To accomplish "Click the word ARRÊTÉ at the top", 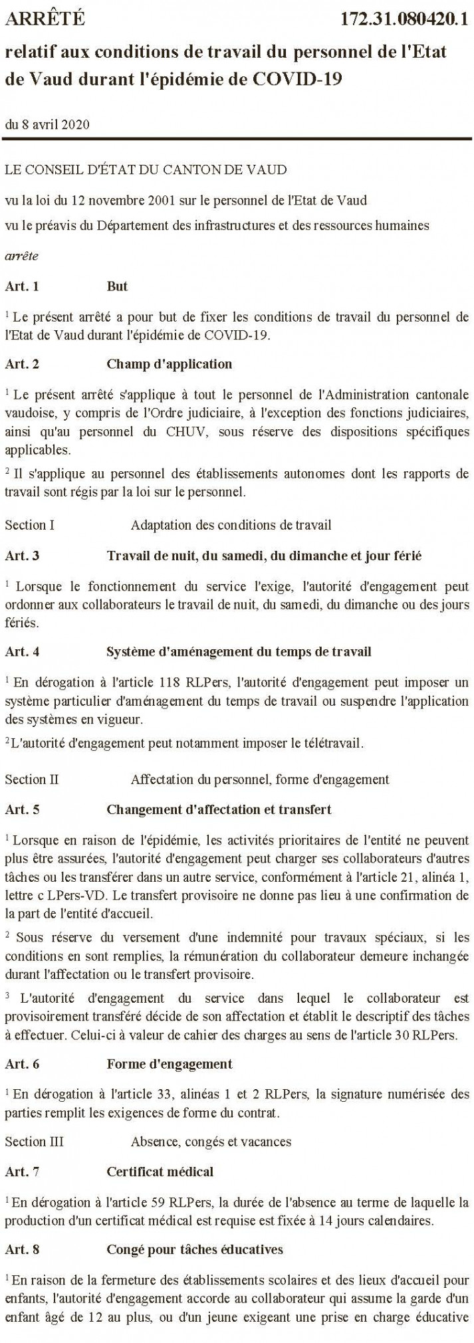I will pyautogui.click(x=45, y=19).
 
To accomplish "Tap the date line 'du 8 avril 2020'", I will pyautogui.click(x=47, y=124).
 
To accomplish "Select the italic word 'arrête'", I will pyautogui.click(x=21, y=255).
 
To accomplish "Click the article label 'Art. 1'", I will pyautogui.click(x=22, y=286).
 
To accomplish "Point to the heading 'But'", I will pyautogui.click(x=117, y=286).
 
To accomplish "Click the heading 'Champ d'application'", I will pyautogui.click(x=169, y=363).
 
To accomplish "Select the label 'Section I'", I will pyautogui.click(x=30, y=525).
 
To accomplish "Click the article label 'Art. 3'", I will pyautogui.click(x=22, y=556).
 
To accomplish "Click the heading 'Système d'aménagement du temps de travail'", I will pyautogui.click(x=239, y=651).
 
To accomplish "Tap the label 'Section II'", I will pyautogui.click(x=32, y=779).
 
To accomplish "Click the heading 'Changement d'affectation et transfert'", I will pyautogui.click(x=219, y=809).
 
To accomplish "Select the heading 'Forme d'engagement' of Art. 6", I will pyautogui.click(x=169, y=1063).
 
